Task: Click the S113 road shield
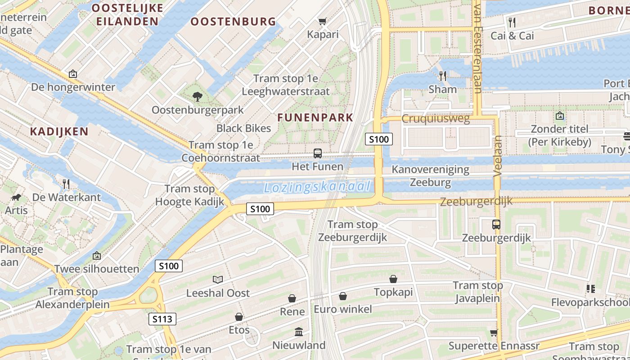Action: [x=162, y=319]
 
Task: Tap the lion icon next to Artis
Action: [x=17, y=198]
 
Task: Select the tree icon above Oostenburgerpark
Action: [x=197, y=96]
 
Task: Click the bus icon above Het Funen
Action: [x=318, y=153]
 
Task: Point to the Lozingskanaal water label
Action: [x=317, y=187]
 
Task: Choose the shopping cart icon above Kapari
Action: [x=322, y=21]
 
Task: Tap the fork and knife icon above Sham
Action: [x=443, y=76]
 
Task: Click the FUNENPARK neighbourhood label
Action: [x=315, y=117]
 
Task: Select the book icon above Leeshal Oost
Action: [x=218, y=279]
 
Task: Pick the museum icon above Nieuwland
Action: [x=298, y=332]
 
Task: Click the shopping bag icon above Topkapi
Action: [x=393, y=279]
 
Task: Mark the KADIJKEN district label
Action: [x=59, y=131]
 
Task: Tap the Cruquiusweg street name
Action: [x=435, y=119]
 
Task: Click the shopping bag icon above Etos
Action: [x=239, y=317]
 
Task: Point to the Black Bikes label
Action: [x=243, y=128]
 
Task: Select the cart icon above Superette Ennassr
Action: [x=494, y=333]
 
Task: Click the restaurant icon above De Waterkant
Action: [x=66, y=184]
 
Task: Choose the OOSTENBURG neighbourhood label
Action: [x=233, y=21]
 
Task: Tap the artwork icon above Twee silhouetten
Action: [x=96, y=256]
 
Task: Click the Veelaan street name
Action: [x=497, y=155]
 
